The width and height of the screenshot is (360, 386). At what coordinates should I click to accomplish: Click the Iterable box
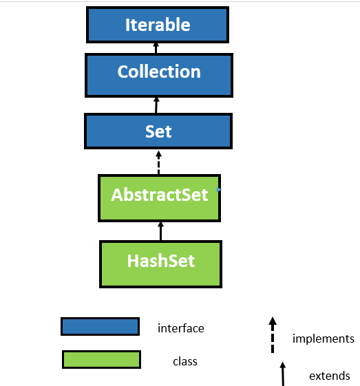coord(157,25)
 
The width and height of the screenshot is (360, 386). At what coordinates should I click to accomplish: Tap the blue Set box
coord(158,131)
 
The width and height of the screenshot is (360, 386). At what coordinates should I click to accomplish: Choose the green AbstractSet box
coord(159,198)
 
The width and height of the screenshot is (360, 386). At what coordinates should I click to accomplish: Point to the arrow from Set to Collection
coord(156,105)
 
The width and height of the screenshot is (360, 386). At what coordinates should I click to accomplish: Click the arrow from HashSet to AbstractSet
coord(160,230)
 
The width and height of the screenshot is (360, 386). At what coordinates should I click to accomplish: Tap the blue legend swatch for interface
coord(100,326)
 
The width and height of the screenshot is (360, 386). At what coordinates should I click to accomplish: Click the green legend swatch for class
coord(101,359)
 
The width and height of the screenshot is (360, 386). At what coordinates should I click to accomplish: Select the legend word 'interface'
coord(180,328)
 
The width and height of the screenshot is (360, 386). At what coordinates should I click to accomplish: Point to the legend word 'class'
coord(185,361)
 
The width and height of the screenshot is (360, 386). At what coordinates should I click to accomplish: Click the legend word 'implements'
coord(323,338)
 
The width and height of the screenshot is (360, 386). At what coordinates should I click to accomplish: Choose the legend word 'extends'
coord(329,376)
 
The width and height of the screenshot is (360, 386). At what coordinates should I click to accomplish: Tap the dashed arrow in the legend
coord(273,334)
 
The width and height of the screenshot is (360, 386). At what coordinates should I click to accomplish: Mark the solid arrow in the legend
coord(282,372)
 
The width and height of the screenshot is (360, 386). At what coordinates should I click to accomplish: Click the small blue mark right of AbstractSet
coord(219,189)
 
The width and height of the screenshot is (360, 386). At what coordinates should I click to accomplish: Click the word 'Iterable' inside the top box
coord(157,25)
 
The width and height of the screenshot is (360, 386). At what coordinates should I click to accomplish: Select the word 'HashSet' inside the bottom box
coord(160,261)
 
